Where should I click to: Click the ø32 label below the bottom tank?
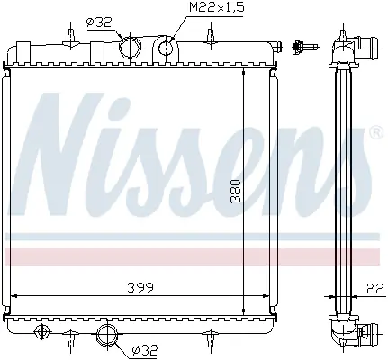point(145,348)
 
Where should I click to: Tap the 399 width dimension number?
point(140,288)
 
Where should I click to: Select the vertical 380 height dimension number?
point(235,192)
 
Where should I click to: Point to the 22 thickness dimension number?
point(374,289)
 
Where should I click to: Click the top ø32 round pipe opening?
point(130,48)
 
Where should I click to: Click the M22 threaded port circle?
point(166,48)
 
